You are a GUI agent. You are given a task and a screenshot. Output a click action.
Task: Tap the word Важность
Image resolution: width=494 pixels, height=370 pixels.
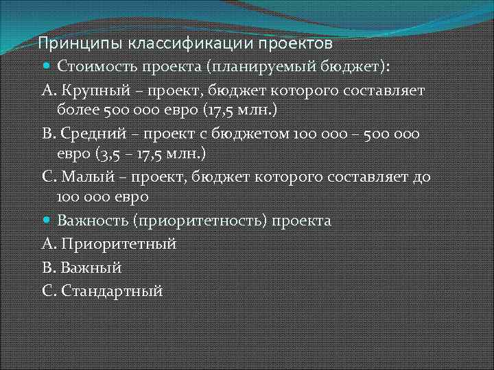pos(93,221)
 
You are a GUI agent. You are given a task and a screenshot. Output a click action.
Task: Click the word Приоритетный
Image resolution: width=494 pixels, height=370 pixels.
pos(119,244)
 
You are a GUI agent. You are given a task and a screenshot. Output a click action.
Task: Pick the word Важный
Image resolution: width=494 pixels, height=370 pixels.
pos(92,267)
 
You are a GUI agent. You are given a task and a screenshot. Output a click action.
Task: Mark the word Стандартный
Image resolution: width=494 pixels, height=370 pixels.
pos(112,290)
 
